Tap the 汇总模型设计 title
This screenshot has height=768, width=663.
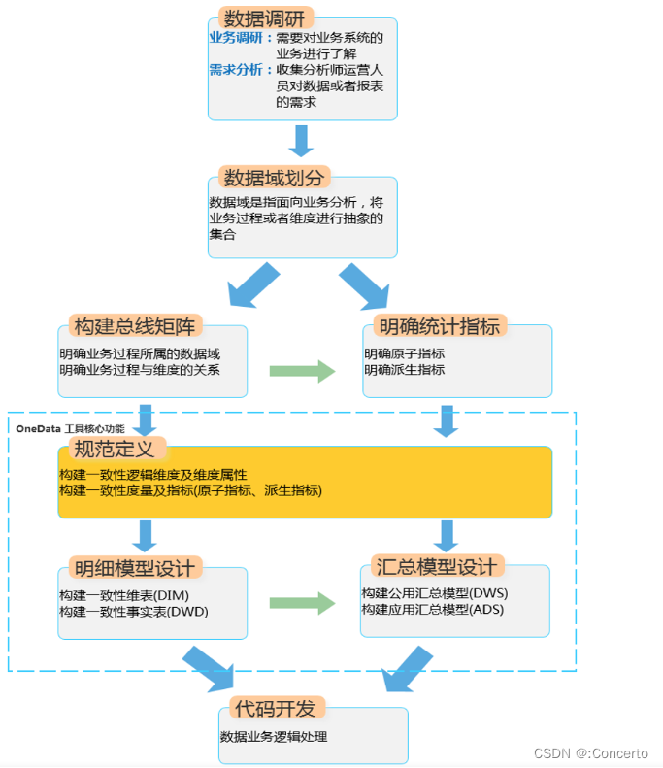434,567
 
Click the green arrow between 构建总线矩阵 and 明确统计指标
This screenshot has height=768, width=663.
303,370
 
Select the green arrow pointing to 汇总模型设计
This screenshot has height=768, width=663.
303,603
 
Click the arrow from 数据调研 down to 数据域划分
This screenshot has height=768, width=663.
302,141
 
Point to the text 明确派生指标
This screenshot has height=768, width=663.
405,370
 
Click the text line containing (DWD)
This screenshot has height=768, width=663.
134,612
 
